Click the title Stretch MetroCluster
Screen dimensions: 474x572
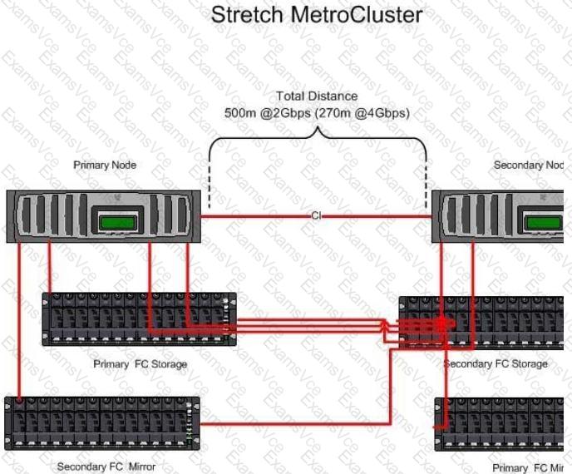click(316, 14)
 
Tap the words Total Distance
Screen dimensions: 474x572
click(316, 96)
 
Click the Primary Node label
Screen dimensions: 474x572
click(105, 165)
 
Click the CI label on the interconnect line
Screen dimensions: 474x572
click(316, 216)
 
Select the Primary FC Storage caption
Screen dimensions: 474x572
click(140, 363)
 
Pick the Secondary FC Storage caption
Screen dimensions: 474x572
click(496, 363)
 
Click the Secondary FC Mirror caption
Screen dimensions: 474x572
click(106, 467)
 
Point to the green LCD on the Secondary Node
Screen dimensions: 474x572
click(548, 222)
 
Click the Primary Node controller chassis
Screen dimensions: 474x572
click(50, 215)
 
